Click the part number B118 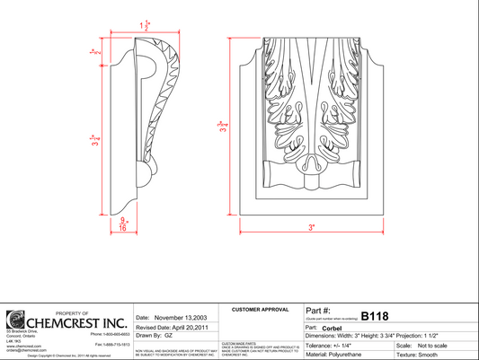[374, 316]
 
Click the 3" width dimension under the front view [312, 228]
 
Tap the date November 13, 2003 [182, 318]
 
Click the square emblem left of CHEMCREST [14, 320]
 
